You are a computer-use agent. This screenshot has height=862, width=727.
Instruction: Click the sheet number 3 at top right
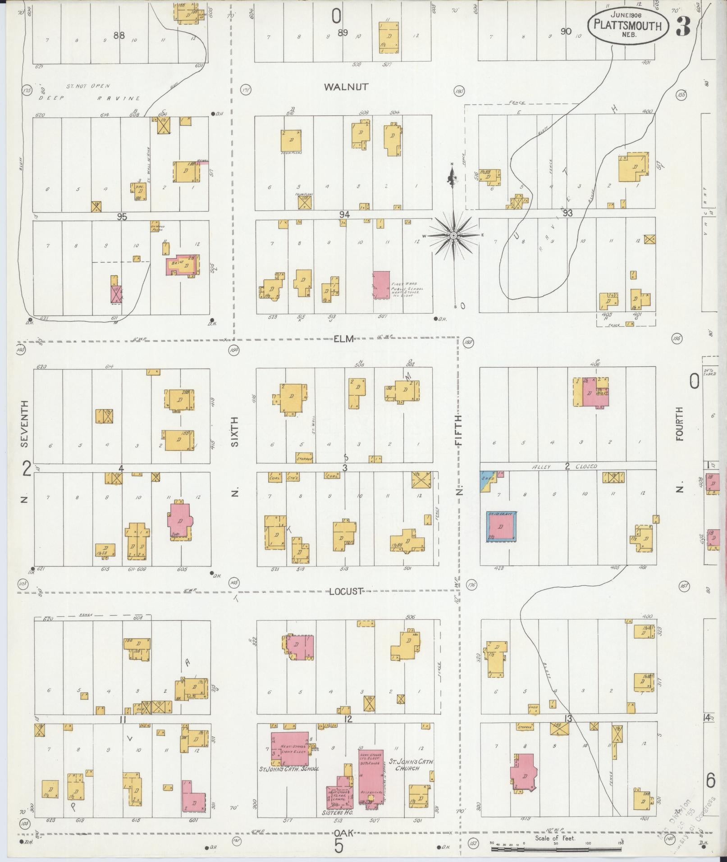tap(683, 27)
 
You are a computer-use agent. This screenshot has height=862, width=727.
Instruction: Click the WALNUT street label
tap(346, 87)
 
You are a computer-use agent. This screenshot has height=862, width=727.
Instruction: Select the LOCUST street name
tap(345, 591)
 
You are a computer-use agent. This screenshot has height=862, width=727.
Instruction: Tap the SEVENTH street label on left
tap(25, 424)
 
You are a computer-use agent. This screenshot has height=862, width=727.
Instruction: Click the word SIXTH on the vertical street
tap(234, 431)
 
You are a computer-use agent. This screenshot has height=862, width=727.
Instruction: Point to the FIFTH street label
tap(459, 430)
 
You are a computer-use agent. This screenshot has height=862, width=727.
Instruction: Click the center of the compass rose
tap(454, 236)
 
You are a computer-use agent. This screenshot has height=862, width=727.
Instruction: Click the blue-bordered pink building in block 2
tap(501, 526)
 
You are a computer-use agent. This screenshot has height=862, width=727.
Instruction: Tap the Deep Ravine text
tap(89, 98)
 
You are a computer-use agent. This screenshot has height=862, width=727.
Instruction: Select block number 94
tap(345, 215)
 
